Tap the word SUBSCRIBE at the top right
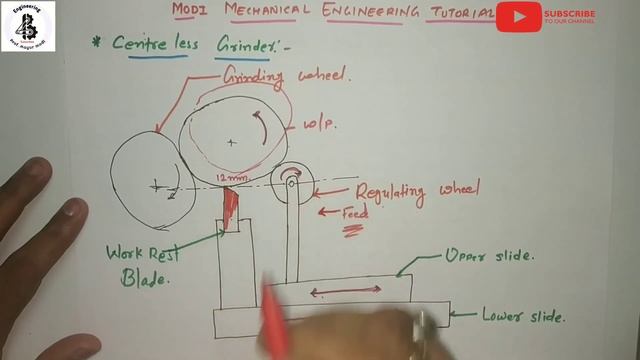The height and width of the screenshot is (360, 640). coord(570,14)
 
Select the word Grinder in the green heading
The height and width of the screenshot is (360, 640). coord(244,45)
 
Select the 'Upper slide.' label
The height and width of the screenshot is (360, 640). coord(490,256)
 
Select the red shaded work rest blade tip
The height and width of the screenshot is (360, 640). coord(231,206)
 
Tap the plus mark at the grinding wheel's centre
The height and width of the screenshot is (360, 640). coord(232,142)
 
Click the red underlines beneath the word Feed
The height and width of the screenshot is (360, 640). coord(353,231)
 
